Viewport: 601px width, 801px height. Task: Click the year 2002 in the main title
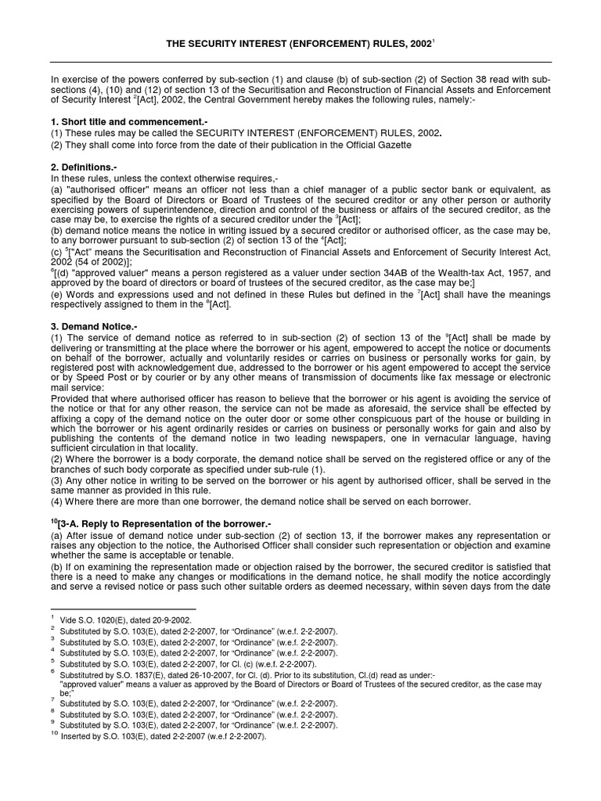pyautogui.click(x=420, y=45)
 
